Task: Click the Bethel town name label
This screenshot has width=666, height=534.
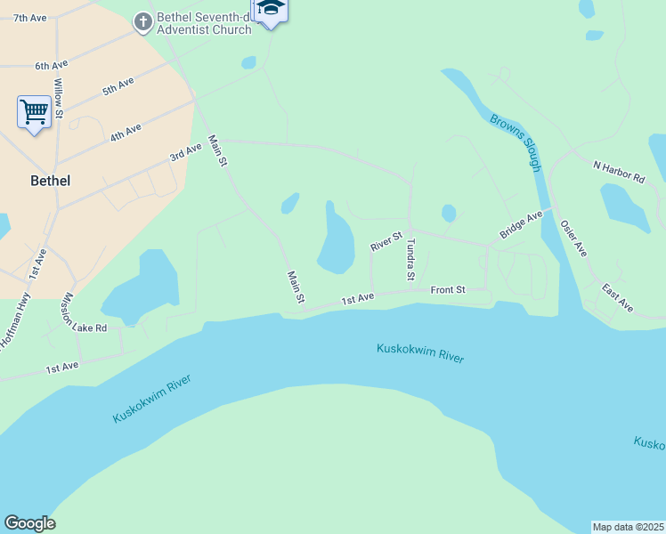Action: [50, 180]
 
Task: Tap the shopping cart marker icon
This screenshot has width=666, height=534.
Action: [34, 113]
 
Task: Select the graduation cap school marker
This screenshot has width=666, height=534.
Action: [271, 9]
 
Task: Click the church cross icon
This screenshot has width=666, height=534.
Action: [142, 22]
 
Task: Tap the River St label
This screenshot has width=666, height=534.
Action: [387, 240]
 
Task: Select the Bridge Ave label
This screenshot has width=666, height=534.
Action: [521, 224]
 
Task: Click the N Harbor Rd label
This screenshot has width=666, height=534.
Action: [619, 172]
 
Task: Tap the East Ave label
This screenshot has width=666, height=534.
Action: [617, 298]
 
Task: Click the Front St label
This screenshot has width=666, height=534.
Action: [448, 289]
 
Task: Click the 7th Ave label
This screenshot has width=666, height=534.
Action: [30, 18]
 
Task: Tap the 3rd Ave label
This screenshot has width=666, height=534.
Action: [186, 153]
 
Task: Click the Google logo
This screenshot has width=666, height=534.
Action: [29, 523]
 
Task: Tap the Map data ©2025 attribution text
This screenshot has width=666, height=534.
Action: [629, 527]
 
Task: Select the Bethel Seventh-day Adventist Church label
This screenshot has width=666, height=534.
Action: [204, 22]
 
